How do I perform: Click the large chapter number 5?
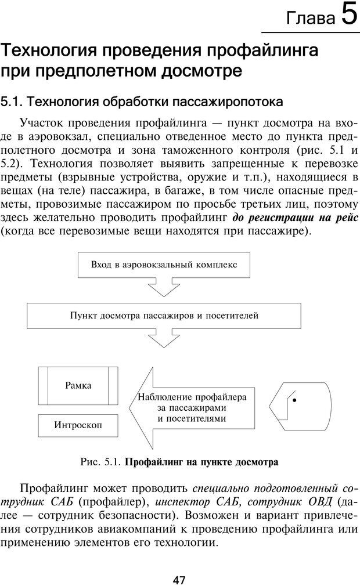click(x=348, y=15)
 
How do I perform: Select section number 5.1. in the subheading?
click(x=12, y=102)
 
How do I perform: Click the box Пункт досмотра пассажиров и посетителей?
click(x=164, y=316)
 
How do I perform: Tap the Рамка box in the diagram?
click(x=78, y=385)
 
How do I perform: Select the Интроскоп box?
click(x=78, y=425)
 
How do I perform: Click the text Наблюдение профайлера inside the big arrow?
click(x=192, y=397)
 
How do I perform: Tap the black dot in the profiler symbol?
click(x=294, y=400)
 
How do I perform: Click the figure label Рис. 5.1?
click(x=100, y=462)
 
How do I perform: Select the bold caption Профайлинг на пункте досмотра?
click(x=201, y=462)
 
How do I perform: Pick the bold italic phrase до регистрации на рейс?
click(x=295, y=218)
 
